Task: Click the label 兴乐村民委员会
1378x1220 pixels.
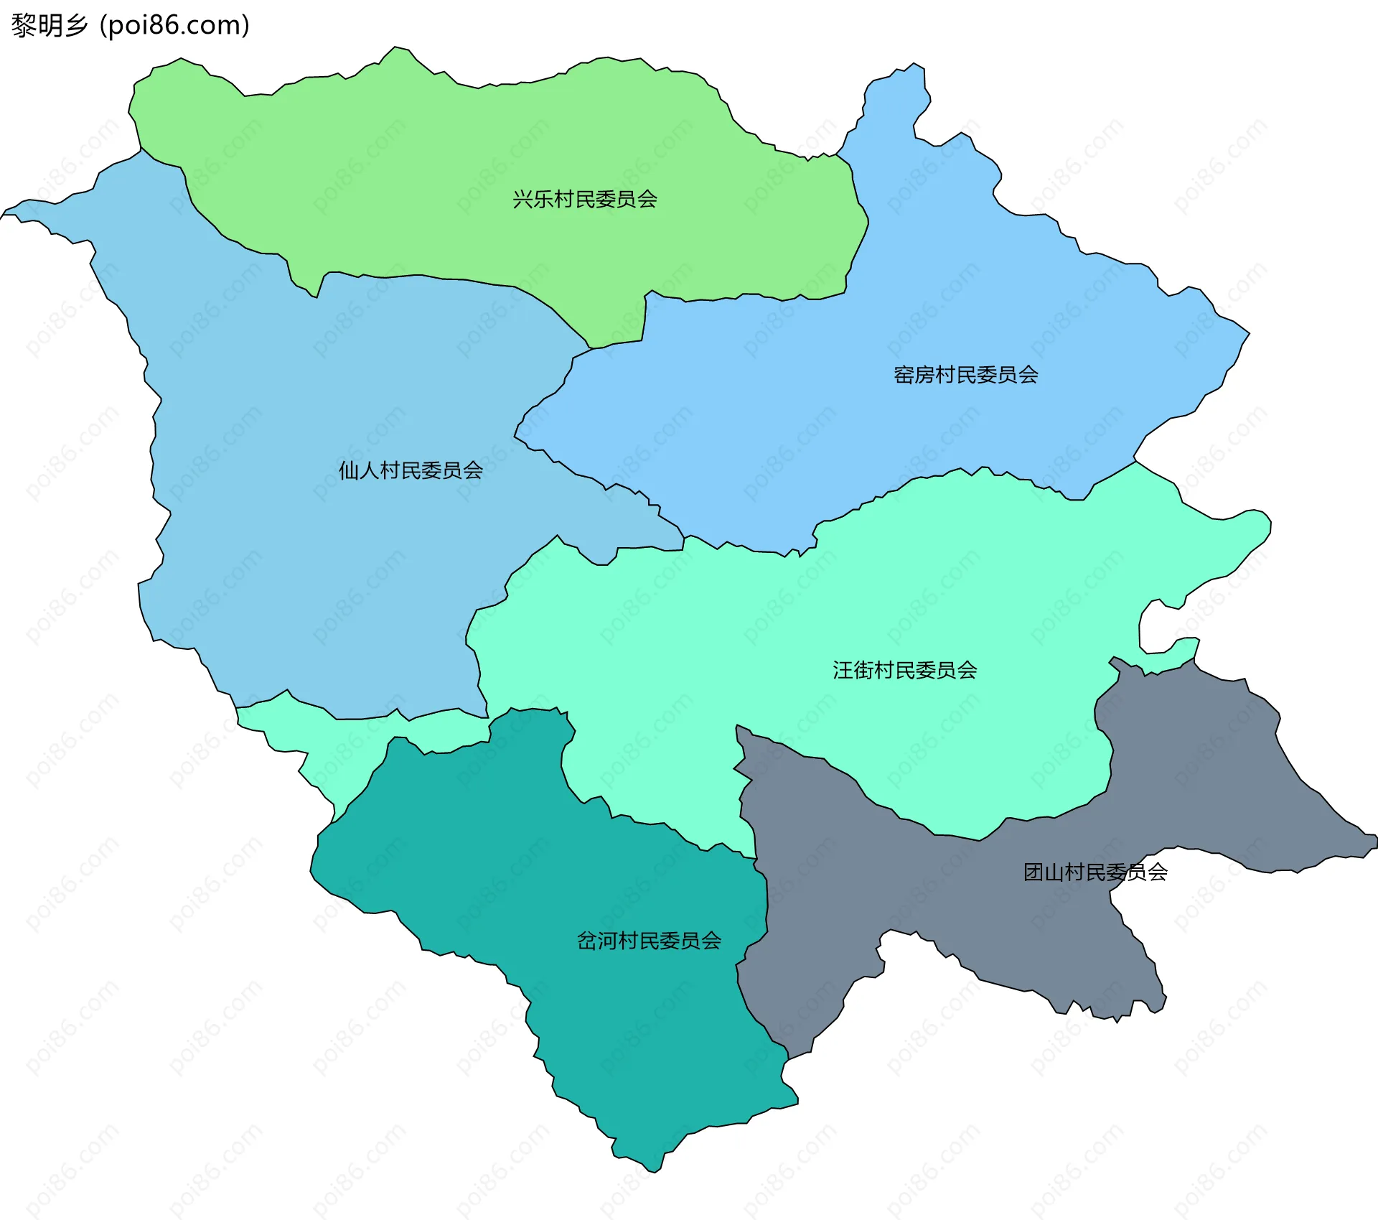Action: (585, 199)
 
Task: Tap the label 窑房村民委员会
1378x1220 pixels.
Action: (965, 375)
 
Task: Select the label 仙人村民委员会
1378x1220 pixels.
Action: (411, 470)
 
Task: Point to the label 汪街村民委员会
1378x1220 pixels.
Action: (904, 670)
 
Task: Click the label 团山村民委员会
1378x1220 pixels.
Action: (1095, 872)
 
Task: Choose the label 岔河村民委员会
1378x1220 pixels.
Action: (649, 941)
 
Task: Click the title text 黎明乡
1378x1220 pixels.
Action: (49, 25)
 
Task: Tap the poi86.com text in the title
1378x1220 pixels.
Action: (174, 25)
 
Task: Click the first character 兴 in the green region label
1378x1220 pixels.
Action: (522, 199)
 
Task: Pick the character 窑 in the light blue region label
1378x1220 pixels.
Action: (904, 375)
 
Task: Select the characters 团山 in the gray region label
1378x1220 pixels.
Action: (1044, 872)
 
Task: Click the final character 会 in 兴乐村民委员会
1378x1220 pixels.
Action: (647, 199)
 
